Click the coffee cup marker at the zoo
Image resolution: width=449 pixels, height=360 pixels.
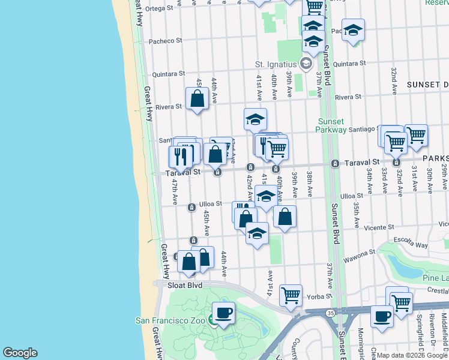(223, 313)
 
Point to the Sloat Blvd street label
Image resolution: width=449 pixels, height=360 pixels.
(186, 286)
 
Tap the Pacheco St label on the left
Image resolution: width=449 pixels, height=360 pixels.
(166, 41)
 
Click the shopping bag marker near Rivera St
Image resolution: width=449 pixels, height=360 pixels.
(197, 98)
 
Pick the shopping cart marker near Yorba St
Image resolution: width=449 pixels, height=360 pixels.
(291, 295)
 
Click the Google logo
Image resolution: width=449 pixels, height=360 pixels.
(20, 353)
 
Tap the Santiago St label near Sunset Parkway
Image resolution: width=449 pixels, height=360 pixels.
(362, 128)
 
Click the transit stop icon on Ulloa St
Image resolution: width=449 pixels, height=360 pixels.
(191, 208)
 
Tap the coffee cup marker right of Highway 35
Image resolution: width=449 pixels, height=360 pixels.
(382, 316)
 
